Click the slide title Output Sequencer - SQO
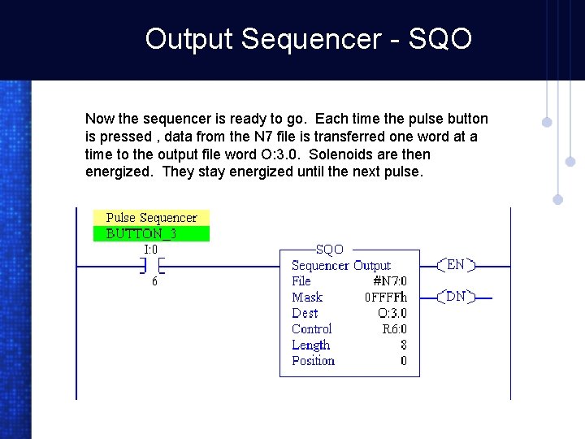click(308, 38)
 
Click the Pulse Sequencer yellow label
click(151, 217)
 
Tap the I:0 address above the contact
click(150, 250)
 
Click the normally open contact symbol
click(150, 266)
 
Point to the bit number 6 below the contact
click(154, 281)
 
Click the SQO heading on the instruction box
click(329, 250)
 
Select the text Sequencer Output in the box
click(340, 265)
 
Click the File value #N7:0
click(390, 281)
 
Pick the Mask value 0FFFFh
click(386, 298)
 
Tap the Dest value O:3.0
click(392, 313)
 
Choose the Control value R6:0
click(394, 329)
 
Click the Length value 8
click(403, 345)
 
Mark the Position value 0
click(403, 361)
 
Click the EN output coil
click(456, 265)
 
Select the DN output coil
click(456, 297)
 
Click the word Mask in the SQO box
click(307, 298)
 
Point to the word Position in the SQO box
click(313, 361)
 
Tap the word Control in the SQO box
click(311, 329)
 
